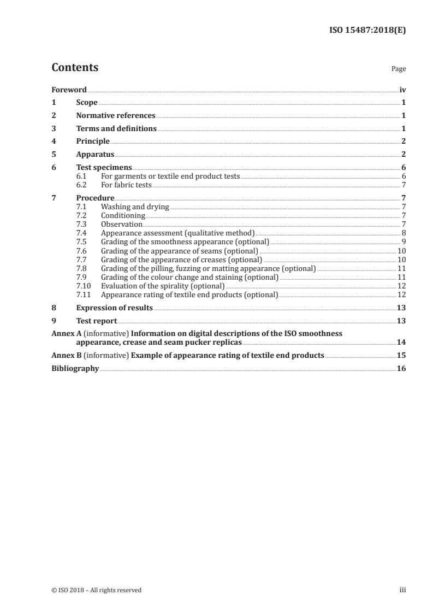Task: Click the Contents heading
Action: tap(75, 68)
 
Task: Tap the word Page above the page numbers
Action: tap(399, 69)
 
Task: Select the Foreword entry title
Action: tap(69, 90)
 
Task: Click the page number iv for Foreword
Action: tap(402, 90)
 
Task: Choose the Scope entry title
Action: tap(87, 103)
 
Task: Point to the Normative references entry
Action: tap(116, 116)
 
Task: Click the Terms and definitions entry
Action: tap(116, 129)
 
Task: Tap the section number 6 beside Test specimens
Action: tap(54, 168)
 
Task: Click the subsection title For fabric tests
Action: tap(126, 185)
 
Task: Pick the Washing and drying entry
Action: tap(135, 207)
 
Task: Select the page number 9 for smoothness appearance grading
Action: tap(404, 242)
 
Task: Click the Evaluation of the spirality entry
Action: tap(163, 286)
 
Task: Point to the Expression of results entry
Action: tap(114, 308)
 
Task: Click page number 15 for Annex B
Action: tap(401, 356)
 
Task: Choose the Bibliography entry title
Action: tap(75, 369)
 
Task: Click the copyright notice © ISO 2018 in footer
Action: tap(96, 590)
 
